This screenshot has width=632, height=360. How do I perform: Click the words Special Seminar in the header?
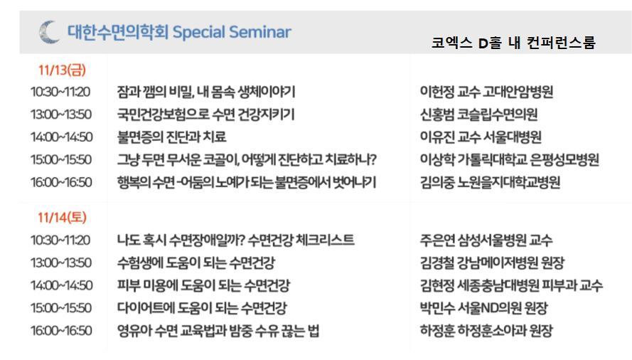tap(232, 32)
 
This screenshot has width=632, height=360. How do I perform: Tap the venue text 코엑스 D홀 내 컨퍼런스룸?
tap(513, 43)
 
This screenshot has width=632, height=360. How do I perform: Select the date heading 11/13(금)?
tap(62, 70)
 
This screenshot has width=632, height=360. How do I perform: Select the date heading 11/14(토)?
tap(62, 218)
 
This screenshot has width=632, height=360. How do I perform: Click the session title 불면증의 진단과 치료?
tap(172, 137)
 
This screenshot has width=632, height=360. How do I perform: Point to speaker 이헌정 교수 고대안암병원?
tap(486, 92)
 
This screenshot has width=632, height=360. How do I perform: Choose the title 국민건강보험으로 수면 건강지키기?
tap(206, 115)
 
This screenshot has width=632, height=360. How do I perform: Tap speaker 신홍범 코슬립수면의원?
tap(479, 115)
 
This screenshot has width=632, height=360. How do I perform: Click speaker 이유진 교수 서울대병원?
tap(481, 137)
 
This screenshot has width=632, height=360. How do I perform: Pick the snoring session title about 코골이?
tap(247, 159)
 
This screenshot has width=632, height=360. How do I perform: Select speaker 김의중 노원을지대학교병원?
tap(490, 182)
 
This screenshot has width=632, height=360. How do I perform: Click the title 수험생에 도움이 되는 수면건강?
tap(196, 263)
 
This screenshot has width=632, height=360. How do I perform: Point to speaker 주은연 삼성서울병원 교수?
tap(486, 240)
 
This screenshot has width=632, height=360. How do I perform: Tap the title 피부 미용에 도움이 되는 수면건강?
tap(203, 285)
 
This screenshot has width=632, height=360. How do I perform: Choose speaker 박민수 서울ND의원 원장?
tap(483, 308)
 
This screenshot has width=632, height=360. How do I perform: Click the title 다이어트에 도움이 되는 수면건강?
tap(202, 308)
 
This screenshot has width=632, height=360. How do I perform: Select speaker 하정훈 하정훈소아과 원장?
tap(486, 331)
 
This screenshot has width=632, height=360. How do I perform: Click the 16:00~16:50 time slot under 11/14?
tap(61, 331)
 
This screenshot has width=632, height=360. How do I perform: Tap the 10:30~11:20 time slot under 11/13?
tap(60, 92)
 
